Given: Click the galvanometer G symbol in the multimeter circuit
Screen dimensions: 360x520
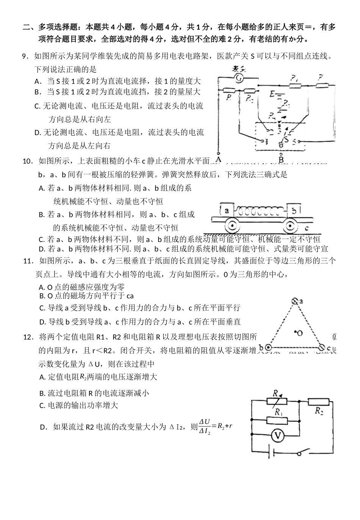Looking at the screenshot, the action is pos(239,78).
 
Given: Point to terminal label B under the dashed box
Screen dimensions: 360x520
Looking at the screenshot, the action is pos(281,160).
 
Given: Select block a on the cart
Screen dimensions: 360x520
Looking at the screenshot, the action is pos(227,210).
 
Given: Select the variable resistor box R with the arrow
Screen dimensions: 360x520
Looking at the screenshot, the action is pos(275,401).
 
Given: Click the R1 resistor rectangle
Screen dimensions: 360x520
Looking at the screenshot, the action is pos(277,420).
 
